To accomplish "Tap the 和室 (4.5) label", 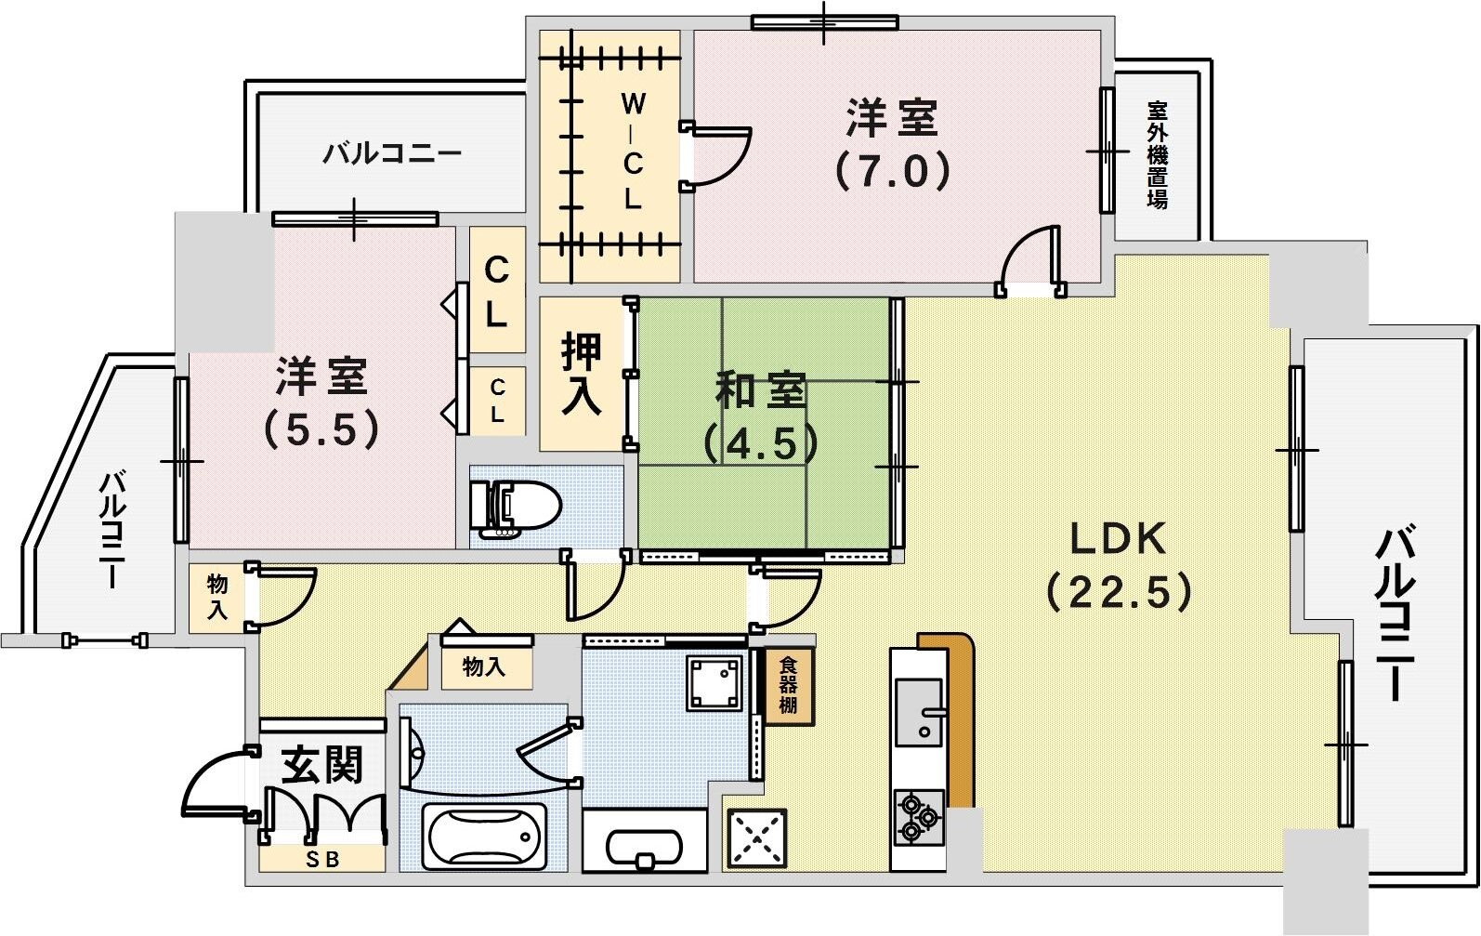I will [x=760, y=416].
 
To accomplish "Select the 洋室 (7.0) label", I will [x=892, y=144].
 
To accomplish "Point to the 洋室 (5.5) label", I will [x=321, y=402].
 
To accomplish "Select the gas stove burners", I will [x=918, y=816].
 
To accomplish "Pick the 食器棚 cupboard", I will [x=788, y=686].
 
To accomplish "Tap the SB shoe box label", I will [x=322, y=860].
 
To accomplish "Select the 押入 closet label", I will [x=582, y=374].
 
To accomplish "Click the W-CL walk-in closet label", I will [x=633, y=151].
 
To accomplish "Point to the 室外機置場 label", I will [x=1157, y=154].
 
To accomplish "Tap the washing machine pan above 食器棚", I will [x=714, y=683].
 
